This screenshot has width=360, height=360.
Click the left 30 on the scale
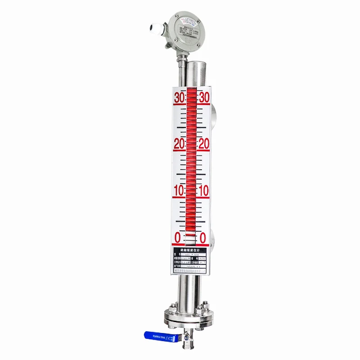179,98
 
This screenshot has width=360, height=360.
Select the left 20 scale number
179,144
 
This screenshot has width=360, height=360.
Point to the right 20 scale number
204,144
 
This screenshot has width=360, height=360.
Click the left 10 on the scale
179,190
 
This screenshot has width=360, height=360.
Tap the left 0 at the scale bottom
178,238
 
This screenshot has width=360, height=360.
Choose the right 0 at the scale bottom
203,238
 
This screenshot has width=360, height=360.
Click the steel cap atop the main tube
197,67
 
